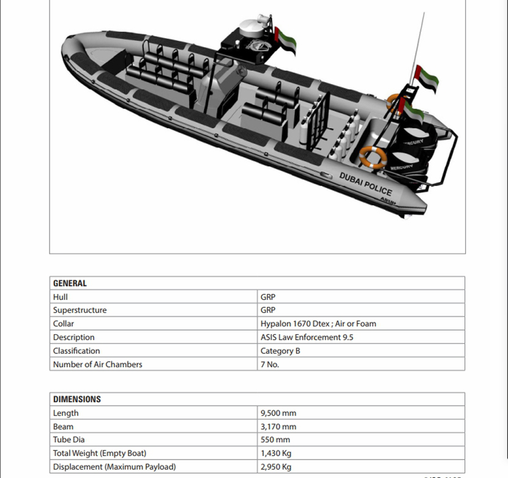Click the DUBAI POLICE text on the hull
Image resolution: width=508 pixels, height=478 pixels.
tap(365, 183)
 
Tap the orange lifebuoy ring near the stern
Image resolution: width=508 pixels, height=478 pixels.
tap(373, 157)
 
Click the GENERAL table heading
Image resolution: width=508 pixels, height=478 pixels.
tap(70, 283)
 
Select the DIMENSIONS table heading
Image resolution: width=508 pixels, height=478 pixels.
tap(77, 399)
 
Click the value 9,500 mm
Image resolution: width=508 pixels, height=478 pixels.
tap(278, 413)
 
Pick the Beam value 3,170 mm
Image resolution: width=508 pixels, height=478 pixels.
tap(278, 427)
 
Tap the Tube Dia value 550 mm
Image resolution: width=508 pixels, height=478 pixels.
tap(275, 440)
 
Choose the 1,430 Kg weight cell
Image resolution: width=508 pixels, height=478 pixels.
tap(275, 454)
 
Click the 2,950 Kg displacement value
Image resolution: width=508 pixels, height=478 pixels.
tap(275, 467)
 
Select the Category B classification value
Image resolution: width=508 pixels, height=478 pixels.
tap(280, 351)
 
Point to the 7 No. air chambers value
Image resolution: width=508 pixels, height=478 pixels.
tap(270, 365)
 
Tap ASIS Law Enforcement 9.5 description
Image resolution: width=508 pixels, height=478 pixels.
tap(307, 337)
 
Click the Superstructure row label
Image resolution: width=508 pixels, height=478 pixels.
tap(80, 310)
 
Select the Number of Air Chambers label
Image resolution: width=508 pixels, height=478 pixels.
tap(97, 365)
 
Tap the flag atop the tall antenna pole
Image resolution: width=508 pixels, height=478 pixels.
tap(427, 78)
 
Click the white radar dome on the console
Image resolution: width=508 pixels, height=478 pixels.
tap(252, 27)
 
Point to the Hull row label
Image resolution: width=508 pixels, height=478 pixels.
tap(60, 297)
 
